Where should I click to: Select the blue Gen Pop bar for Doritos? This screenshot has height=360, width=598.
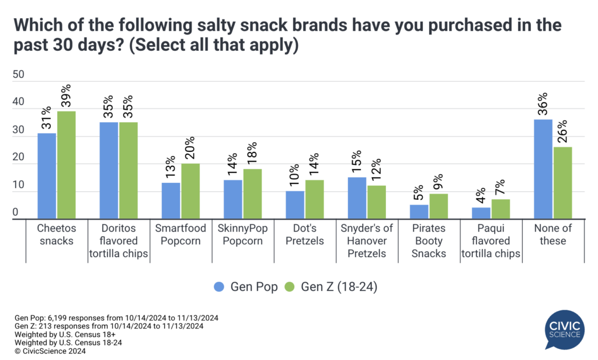109,171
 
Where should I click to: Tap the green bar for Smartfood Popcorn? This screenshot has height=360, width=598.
191,191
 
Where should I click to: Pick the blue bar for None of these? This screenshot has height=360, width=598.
543,169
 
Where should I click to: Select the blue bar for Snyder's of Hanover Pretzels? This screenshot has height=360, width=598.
357,198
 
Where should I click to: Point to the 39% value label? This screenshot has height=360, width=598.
66,94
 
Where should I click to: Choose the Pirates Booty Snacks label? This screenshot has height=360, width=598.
429,241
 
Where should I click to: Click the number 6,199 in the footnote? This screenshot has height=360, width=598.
61,317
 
